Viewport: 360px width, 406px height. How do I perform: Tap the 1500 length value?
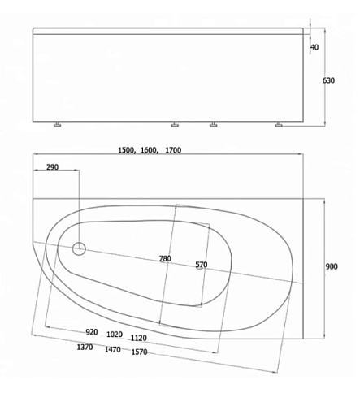(128, 150)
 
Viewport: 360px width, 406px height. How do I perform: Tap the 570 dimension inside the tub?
(202, 265)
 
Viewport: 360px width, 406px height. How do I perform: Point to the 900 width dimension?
(331, 267)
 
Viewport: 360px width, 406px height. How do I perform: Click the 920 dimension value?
(92, 332)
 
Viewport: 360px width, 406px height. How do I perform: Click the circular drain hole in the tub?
(80, 249)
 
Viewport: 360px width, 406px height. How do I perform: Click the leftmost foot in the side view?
(58, 125)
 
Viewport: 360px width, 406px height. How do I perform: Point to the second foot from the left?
(175, 125)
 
